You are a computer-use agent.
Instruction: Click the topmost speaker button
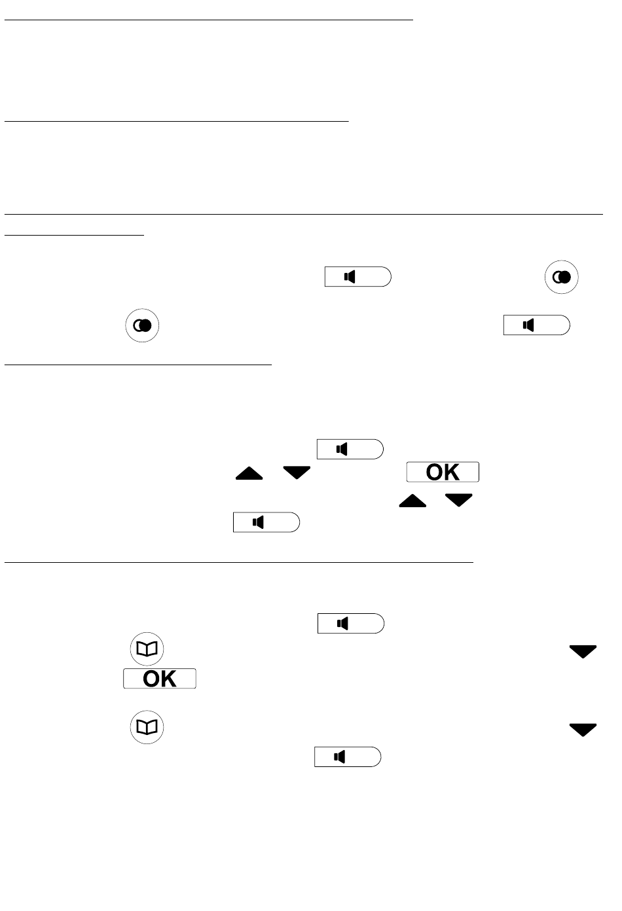tap(357, 277)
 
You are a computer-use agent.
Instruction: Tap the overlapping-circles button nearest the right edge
tap(562, 277)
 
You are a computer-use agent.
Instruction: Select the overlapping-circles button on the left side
tap(143, 325)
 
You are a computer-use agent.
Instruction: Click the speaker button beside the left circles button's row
tap(536, 325)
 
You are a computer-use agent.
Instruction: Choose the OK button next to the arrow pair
tap(443, 472)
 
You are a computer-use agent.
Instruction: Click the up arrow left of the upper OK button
tap(249, 473)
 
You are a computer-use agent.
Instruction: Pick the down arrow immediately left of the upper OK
tap(297, 473)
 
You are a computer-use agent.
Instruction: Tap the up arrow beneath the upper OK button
tap(411, 501)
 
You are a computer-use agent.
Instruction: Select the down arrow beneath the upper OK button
tap(458, 501)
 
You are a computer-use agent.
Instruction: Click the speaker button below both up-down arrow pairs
tap(266, 522)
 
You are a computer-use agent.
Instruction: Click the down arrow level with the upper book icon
tap(583, 651)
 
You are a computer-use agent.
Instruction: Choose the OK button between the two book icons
tap(160, 679)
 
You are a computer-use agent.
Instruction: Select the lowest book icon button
tap(147, 727)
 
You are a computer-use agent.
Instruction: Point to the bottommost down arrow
tap(583, 730)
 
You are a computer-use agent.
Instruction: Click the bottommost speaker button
tap(347, 757)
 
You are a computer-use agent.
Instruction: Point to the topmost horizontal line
tap(209, 20)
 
